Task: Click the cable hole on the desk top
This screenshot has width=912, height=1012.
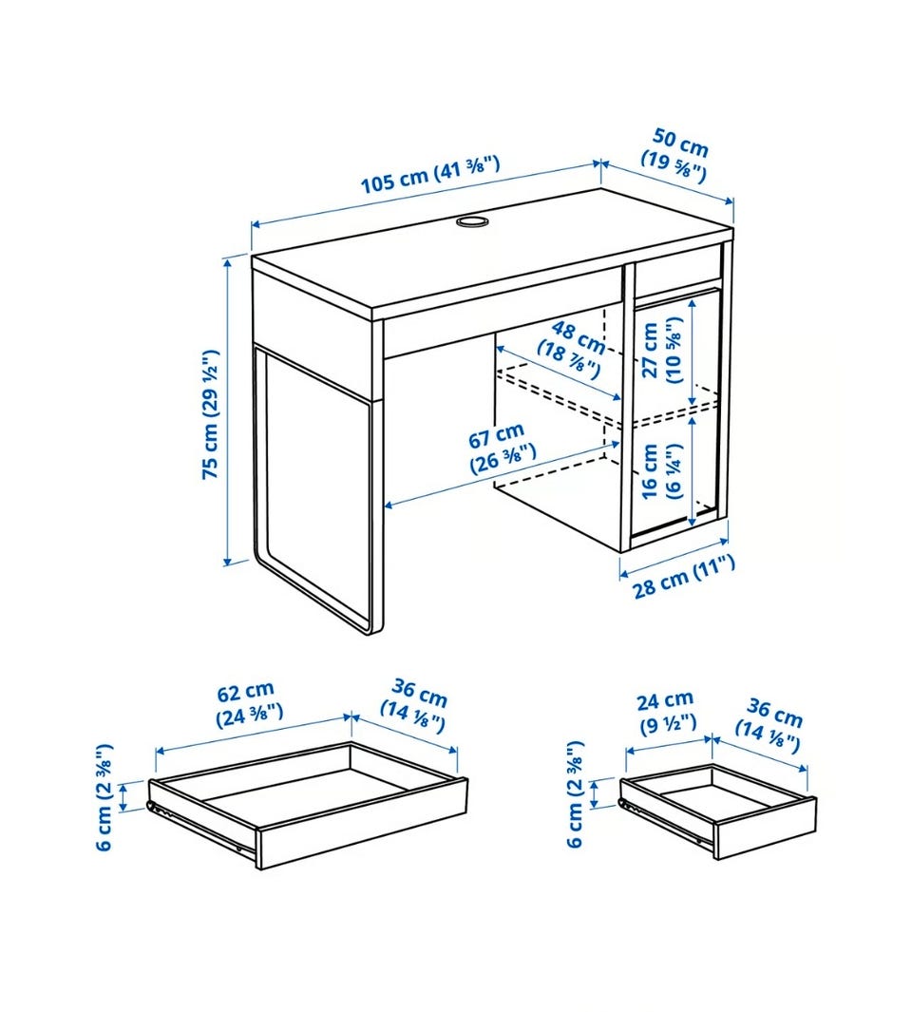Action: coord(472,221)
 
